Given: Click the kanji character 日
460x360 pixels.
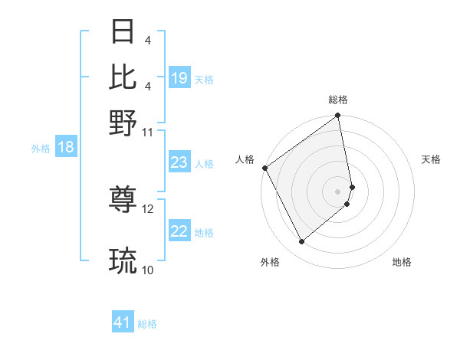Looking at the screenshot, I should click(x=124, y=32).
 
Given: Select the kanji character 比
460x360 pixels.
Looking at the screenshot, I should click(x=124, y=77).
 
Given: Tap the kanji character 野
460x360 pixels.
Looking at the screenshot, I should click(x=124, y=123).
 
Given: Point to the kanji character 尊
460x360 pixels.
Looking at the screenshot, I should click(x=124, y=201).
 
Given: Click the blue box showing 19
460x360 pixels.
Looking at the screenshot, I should click(x=179, y=78).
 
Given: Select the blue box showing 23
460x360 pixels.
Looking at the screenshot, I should click(x=179, y=162).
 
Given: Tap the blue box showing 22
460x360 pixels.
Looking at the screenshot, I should click(x=179, y=232).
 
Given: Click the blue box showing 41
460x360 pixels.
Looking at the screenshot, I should click(x=123, y=323).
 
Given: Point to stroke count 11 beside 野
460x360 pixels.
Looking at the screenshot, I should click(x=147, y=132).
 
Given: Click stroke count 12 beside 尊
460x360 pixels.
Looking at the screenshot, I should click(x=148, y=208).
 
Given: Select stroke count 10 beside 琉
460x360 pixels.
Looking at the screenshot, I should click(x=148, y=270).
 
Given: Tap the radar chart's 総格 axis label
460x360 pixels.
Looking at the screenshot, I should click(x=338, y=100).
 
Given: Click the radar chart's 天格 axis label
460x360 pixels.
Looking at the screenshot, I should click(x=431, y=159).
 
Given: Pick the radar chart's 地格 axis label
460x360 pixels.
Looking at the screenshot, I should click(x=402, y=262).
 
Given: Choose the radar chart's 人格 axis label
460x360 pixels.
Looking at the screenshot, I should click(x=245, y=159).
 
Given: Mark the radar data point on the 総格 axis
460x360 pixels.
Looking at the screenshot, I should click(x=338, y=116).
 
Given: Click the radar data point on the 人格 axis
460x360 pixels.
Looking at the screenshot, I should click(x=264, y=168).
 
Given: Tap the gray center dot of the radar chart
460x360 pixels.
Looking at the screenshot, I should click(x=338, y=191).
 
